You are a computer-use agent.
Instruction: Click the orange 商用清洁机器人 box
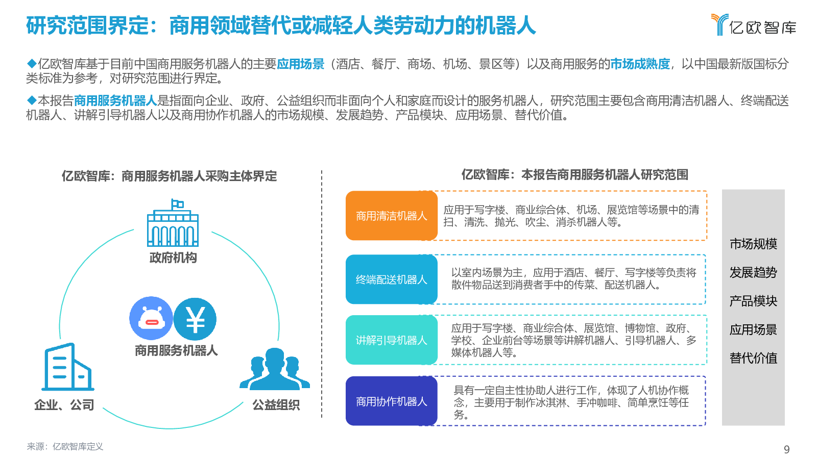click(391, 216)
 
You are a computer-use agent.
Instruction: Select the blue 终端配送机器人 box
click(391, 279)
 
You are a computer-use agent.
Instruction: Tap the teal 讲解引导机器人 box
click(391, 340)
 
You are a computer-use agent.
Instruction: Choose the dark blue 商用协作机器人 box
click(391, 401)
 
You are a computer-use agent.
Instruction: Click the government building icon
click(173, 223)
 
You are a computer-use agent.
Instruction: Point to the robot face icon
click(151, 318)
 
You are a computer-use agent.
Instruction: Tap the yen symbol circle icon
click(195, 319)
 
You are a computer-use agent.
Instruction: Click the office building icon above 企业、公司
click(68, 367)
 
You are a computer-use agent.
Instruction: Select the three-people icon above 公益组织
click(275, 369)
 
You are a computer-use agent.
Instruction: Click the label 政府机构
click(173, 258)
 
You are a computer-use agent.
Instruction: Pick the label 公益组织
click(276, 405)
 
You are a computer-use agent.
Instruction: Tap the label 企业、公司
click(64, 405)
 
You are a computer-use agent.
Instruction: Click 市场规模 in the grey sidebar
click(753, 244)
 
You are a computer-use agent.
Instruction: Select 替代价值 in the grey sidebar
click(753, 358)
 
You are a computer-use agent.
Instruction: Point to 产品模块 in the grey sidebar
click(753, 301)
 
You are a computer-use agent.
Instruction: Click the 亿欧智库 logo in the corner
click(754, 25)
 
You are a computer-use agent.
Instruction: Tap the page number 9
click(787, 449)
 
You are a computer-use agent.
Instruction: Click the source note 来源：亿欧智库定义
click(65, 447)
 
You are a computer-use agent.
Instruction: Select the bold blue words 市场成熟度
click(640, 64)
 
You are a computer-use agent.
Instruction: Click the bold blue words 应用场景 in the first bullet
click(301, 64)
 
